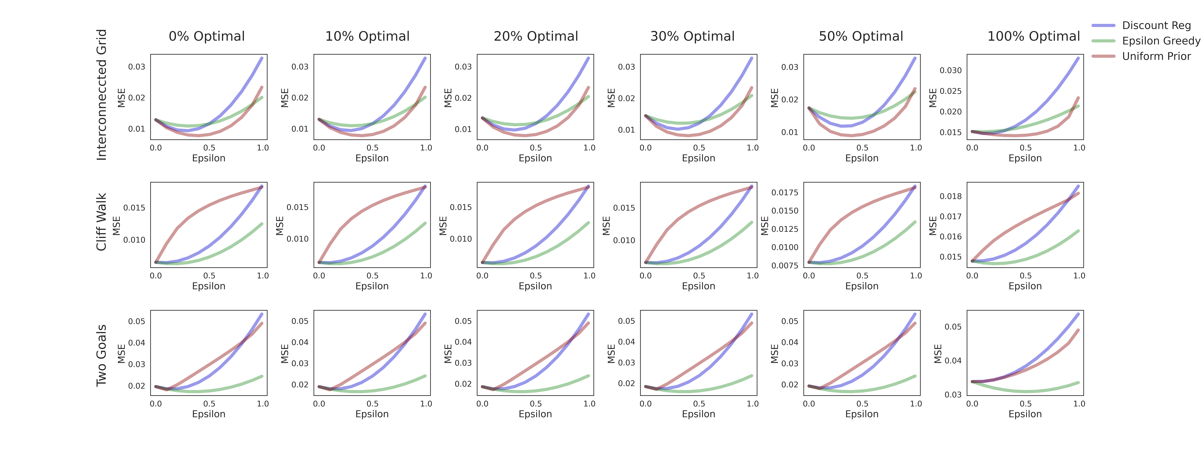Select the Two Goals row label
pyautogui.click(x=101, y=356)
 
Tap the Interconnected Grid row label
pyautogui.click(x=101, y=95)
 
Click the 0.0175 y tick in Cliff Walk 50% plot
pyautogui.click(x=785, y=192)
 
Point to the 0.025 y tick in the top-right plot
pyautogui.click(x=951, y=91)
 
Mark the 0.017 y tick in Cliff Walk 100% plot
pyautogui.click(x=951, y=216)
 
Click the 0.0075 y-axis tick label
pyautogui.click(x=785, y=265)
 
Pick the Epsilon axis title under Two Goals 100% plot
pyautogui.click(x=1025, y=414)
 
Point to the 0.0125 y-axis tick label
pyautogui.click(x=785, y=229)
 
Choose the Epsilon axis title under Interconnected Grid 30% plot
pyautogui.click(x=698, y=158)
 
